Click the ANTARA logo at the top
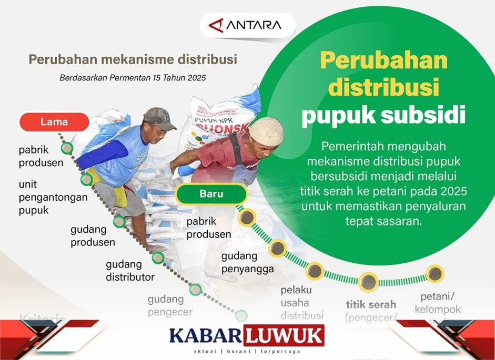coord(246,25)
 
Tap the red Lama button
coord(54,122)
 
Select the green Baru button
coord(211,193)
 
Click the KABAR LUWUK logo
coord(247,335)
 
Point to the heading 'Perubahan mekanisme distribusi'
coord(133,59)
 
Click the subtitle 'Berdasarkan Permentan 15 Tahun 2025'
coord(132,78)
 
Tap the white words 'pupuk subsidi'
coord(383,114)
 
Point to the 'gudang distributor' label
coord(130,270)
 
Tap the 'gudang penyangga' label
coord(247,263)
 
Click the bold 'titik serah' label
coord(371,304)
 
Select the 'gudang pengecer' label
coord(169,305)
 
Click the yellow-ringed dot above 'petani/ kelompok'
coord(435,273)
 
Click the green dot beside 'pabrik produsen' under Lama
coord(67,148)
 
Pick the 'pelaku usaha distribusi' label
coord(302,303)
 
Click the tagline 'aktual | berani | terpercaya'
coord(247,351)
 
